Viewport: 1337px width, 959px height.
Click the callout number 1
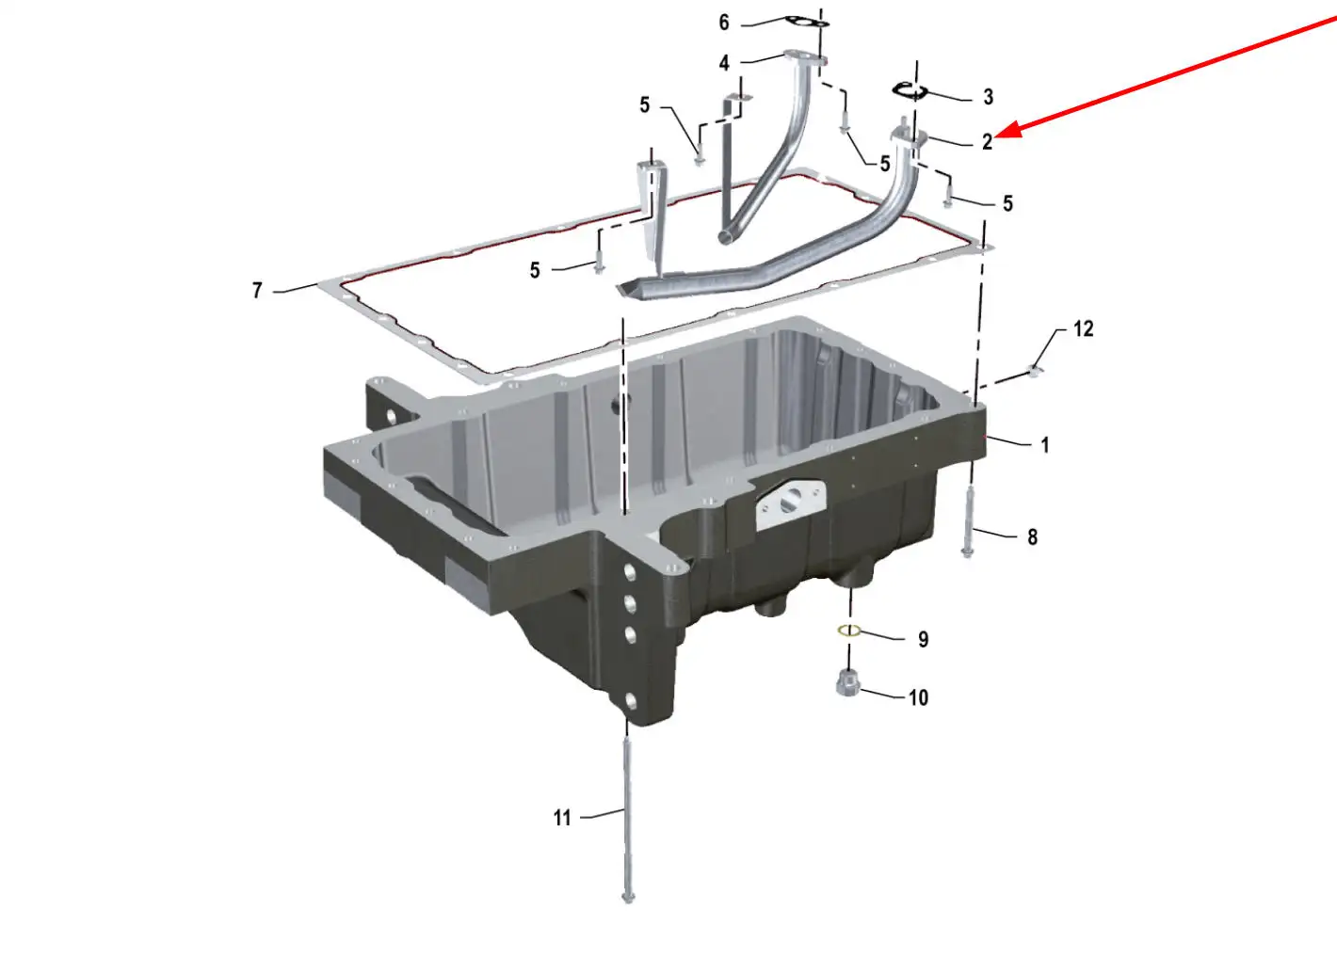pyautogui.click(x=1044, y=445)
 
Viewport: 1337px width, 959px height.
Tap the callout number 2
pyautogui.click(x=988, y=142)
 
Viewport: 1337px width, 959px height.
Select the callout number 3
pyautogui.click(x=989, y=97)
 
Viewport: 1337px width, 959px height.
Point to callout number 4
pyautogui.click(x=724, y=63)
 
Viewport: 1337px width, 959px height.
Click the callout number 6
pyautogui.click(x=724, y=23)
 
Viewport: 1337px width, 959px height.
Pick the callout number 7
pyautogui.click(x=257, y=291)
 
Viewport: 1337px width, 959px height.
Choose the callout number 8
pyautogui.click(x=1033, y=537)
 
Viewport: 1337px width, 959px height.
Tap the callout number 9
pyautogui.click(x=924, y=640)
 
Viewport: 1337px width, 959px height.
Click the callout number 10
pyautogui.click(x=919, y=697)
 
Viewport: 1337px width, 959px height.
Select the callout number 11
pyautogui.click(x=562, y=818)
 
